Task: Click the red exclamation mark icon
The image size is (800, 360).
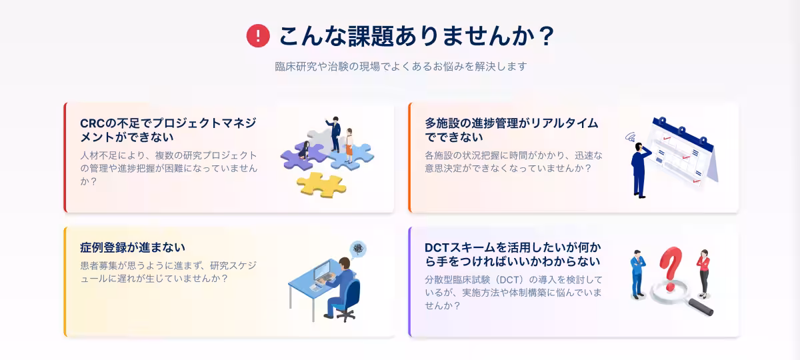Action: tap(258, 36)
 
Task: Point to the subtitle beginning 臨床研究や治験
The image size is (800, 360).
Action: tap(401, 67)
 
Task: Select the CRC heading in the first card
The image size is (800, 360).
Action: tap(168, 130)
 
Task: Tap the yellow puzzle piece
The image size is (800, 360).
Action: tap(321, 183)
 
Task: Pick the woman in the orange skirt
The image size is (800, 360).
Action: tap(349, 146)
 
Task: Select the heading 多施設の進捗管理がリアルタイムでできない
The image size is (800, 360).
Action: tap(511, 130)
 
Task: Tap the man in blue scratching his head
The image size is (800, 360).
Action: tap(641, 167)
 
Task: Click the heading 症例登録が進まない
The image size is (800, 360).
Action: tap(133, 248)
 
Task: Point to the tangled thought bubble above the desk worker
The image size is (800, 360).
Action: tap(359, 249)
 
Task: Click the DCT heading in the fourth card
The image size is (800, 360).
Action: tap(512, 254)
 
